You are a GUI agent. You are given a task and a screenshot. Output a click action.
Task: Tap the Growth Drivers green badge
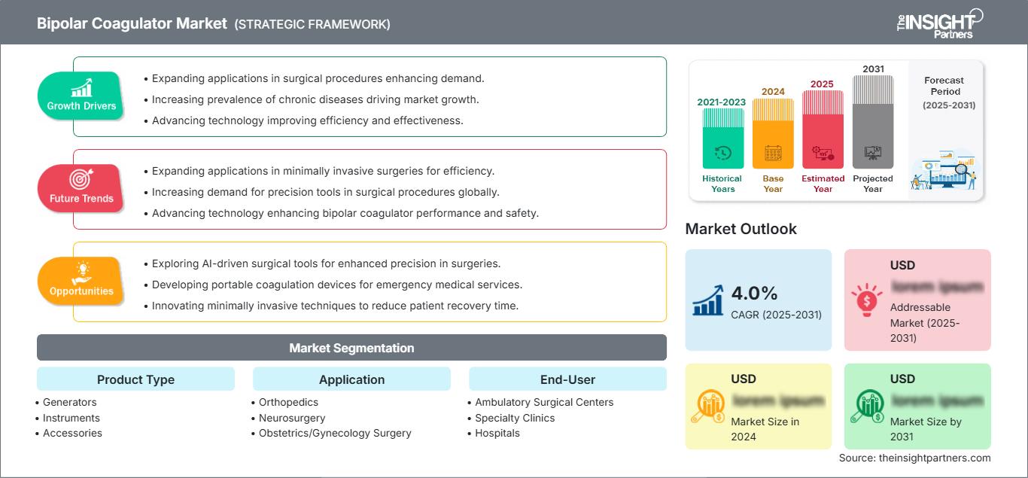[81, 96]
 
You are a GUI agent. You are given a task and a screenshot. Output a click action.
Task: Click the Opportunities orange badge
[81, 281]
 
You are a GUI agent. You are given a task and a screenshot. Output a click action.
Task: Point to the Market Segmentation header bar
[351, 348]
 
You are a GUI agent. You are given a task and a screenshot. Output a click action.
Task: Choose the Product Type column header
[135, 379]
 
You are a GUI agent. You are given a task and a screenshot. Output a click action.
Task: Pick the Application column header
[351, 379]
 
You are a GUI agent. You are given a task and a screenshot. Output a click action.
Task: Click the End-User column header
[567, 379]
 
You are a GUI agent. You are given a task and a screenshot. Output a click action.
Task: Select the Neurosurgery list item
[292, 418]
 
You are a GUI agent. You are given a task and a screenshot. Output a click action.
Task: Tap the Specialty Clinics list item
[515, 418]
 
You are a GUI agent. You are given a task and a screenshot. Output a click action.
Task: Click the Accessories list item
[72, 433]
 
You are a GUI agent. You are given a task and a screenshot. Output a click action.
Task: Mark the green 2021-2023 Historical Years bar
[722, 139]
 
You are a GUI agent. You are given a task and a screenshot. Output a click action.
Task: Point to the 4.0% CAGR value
[755, 293]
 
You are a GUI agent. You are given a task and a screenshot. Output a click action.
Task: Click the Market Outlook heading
[741, 229]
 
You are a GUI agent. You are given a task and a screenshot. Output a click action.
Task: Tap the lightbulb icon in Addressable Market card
[867, 299]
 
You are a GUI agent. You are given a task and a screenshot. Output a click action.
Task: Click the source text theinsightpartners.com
[914, 458]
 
